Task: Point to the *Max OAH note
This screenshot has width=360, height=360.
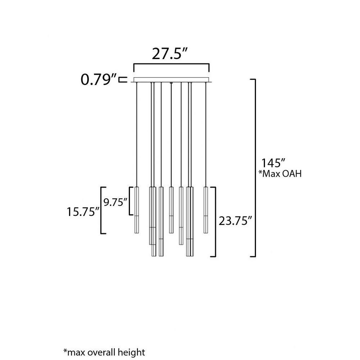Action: (280, 174)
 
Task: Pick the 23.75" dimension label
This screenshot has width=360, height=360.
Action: (235, 221)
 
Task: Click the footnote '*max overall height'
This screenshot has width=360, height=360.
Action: (104, 352)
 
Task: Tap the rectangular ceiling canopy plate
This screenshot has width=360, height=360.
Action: (171, 80)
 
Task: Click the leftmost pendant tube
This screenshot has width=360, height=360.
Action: (136, 210)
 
